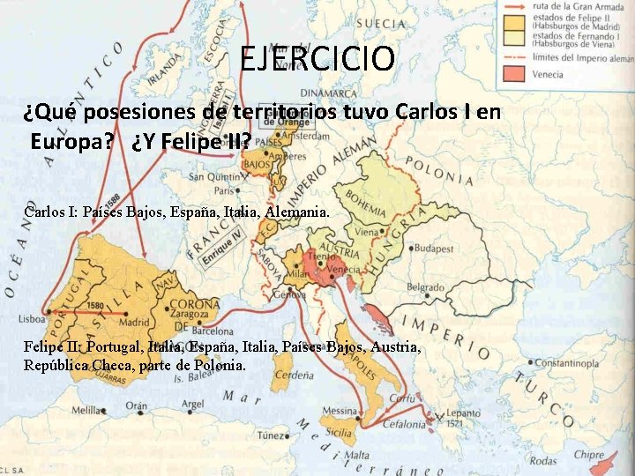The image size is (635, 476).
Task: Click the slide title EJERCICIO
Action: coord(317,59)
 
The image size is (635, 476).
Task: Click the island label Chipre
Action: coord(589,456)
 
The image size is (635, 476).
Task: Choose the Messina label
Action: coord(340,413)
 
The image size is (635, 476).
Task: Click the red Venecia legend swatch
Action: coord(513,73)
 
